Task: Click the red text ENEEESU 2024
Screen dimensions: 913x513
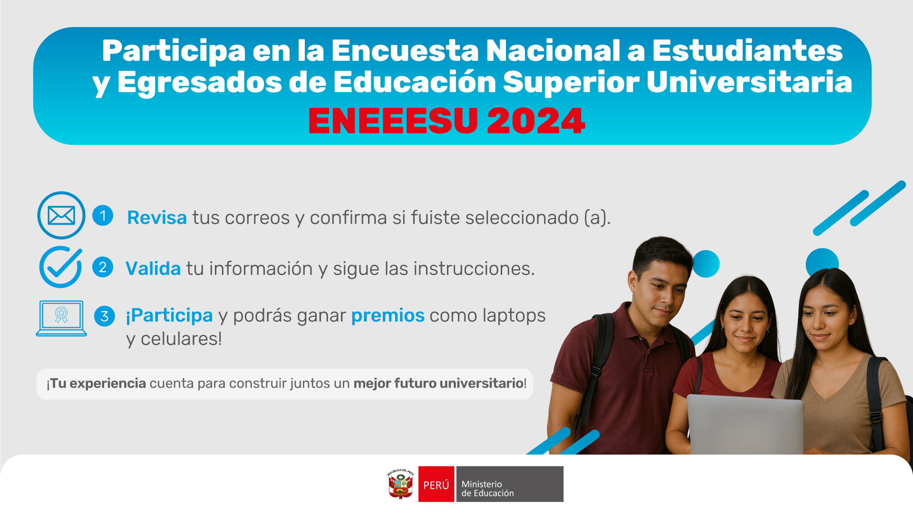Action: [x=447, y=121]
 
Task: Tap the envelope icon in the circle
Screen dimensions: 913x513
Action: [x=61, y=215]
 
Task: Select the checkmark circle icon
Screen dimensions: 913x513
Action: [x=61, y=267]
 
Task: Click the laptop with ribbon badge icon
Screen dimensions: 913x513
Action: [x=61, y=318]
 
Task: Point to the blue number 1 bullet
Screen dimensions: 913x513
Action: [x=103, y=215]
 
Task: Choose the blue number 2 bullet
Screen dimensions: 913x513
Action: [x=103, y=267]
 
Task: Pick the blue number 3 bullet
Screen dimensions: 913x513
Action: [x=105, y=316]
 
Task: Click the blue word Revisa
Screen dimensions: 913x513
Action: [x=157, y=218]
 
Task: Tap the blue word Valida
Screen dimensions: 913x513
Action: [x=153, y=268]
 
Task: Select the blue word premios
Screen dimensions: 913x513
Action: [x=388, y=315]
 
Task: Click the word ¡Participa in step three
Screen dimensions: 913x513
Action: [x=169, y=315]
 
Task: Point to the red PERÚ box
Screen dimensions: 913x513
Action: [x=436, y=484]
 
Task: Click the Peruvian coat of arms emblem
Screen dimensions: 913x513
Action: [x=401, y=484]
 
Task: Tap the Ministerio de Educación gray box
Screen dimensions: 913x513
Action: [x=510, y=484]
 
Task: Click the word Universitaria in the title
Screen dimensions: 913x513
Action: [x=749, y=82]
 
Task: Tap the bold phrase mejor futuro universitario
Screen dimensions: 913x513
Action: [x=438, y=383]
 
